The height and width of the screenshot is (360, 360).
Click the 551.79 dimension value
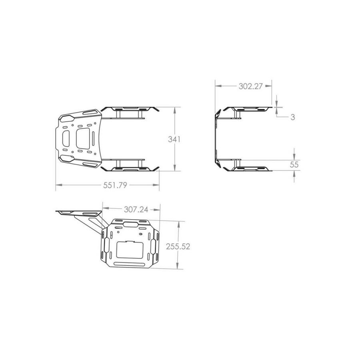pos(115,185)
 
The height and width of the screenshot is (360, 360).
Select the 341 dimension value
pos(174,139)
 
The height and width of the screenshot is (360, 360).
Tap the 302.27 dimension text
pos(250,86)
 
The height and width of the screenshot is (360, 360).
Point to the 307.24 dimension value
pos(136,209)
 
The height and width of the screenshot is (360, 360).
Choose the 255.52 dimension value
pos(178,246)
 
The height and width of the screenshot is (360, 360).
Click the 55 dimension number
pos(294,165)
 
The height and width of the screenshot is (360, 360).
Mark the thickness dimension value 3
pos(292,117)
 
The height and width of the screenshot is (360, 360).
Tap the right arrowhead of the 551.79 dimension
pos(156,185)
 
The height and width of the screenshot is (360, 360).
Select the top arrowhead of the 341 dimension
pos(175,110)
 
